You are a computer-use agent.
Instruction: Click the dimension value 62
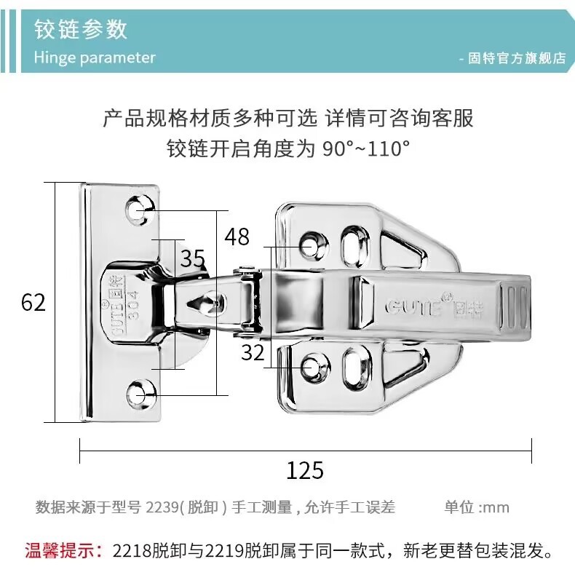point(33,303)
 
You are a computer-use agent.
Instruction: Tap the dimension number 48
point(237,237)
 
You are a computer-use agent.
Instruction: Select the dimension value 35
point(193,258)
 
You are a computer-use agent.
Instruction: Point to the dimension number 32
point(253,352)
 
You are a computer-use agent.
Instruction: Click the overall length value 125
point(305,470)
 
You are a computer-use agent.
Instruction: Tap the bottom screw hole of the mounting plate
point(140,395)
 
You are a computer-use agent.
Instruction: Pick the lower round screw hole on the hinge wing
point(314,367)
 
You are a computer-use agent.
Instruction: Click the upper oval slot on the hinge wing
point(354,245)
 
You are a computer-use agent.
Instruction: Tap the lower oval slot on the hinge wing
point(356,368)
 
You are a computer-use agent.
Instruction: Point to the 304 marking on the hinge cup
point(134,306)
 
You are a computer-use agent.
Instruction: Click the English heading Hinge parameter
point(95,57)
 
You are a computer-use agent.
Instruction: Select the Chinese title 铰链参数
point(81,29)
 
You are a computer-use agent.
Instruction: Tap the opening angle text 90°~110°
point(366,149)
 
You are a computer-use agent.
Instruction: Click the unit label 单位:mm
point(477,507)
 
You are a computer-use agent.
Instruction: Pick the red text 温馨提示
point(64,550)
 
